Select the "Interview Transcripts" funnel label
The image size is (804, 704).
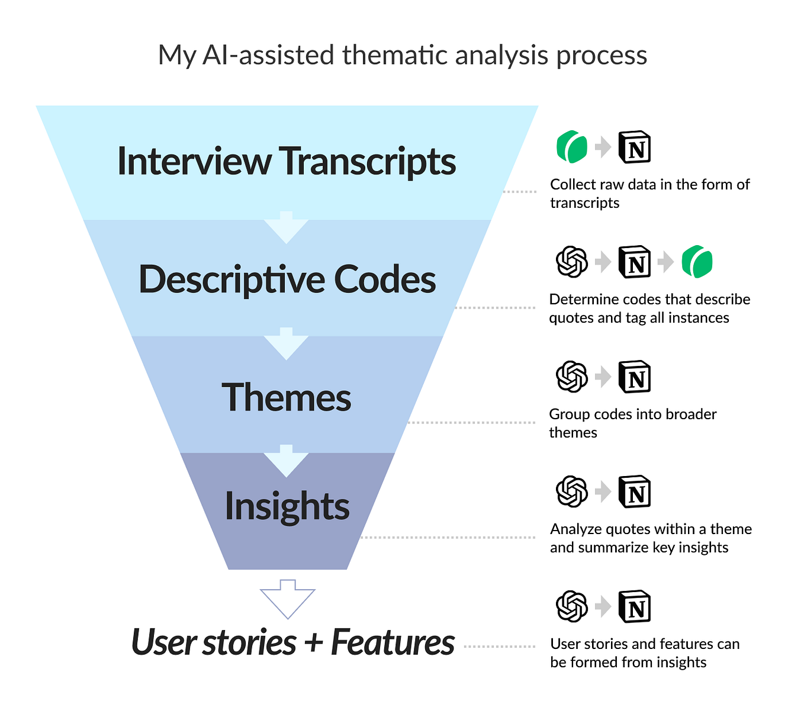click(287, 161)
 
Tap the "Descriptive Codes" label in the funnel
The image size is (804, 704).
click(287, 279)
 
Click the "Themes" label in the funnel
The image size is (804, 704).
click(287, 397)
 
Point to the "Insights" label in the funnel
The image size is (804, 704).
click(287, 506)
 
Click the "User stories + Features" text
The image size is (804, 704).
click(292, 642)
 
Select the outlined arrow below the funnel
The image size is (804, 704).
click(287, 599)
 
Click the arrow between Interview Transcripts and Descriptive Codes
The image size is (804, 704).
click(287, 227)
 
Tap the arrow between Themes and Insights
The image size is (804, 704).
click(287, 461)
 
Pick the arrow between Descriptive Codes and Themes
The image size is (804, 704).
click(287, 344)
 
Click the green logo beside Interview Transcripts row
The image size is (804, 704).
click(572, 147)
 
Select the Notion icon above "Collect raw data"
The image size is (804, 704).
click(635, 147)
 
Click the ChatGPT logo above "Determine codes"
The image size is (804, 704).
click(572, 262)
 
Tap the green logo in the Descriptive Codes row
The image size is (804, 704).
click(697, 262)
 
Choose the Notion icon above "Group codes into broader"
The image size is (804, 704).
click(635, 377)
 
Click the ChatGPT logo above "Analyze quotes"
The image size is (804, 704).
click(572, 491)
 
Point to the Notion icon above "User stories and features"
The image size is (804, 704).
click(635, 607)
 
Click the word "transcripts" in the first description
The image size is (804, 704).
click(584, 203)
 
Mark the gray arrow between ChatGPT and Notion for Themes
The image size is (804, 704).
click(603, 377)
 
